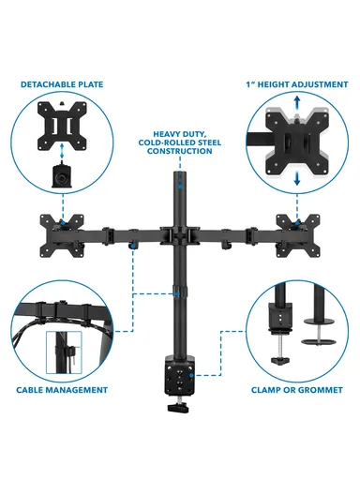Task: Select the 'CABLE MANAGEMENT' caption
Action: [62, 388]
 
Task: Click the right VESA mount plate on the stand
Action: [298, 231]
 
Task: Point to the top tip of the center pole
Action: [178, 174]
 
